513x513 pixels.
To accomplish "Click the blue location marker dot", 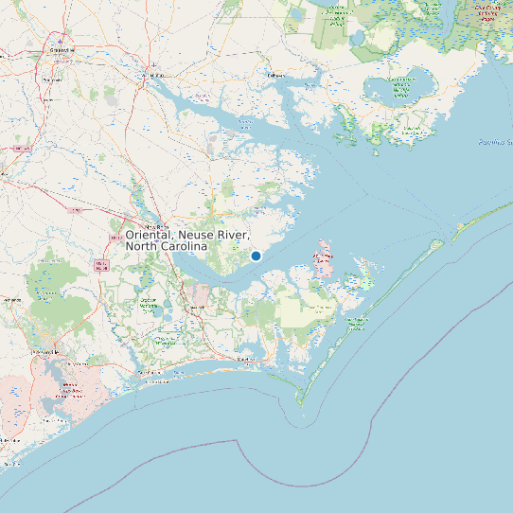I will click(256, 256).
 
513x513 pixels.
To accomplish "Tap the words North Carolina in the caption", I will click(166, 246).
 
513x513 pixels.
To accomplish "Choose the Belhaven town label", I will click(275, 74).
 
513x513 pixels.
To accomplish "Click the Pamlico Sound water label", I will click(494, 142).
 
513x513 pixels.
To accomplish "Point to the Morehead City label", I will click(248, 360).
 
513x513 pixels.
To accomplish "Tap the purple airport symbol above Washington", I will click(154, 66).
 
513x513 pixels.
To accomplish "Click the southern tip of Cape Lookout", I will click(301, 405).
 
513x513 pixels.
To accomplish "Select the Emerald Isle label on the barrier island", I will click(151, 376).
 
